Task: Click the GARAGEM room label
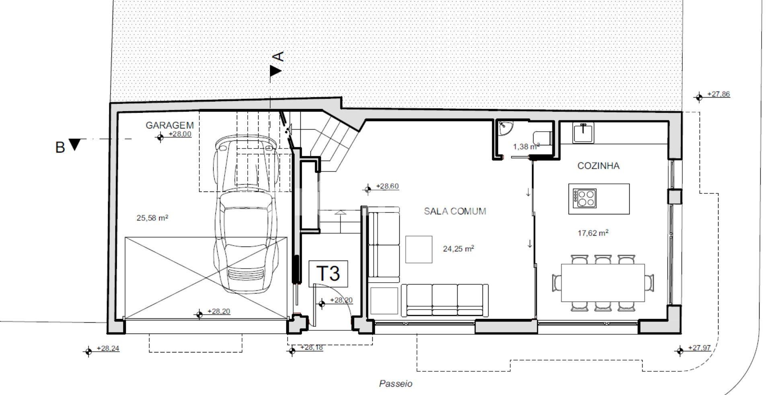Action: [x=170, y=125]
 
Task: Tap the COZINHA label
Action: [x=598, y=166]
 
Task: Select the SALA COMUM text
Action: [x=455, y=211]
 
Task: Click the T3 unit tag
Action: [x=328, y=273]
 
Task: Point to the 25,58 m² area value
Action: [x=152, y=218]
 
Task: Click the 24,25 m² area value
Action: [x=458, y=248]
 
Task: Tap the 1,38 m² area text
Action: [x=526, y=147]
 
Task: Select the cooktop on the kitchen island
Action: [x=585, y=198]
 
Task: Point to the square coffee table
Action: [x=419, y=249]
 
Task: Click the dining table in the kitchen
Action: [x=603, y=283]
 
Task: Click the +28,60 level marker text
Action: [x=387, y=186]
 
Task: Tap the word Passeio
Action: [x=396, y=384]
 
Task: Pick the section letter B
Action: [x=60, y=147]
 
